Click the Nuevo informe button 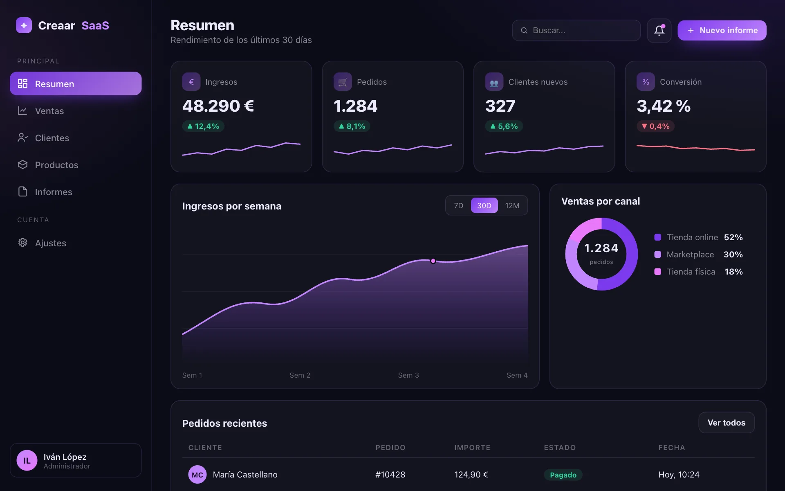722,30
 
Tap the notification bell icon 659,30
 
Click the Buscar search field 576,30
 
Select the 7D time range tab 459,205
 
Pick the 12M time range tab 512,205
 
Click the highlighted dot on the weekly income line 433,261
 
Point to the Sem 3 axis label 408,375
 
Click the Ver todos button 727,423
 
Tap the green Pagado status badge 563,475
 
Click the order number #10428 390,475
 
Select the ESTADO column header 560,448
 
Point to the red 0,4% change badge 655,126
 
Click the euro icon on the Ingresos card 191,82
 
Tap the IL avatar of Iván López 27,460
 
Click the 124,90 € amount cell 471,475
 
